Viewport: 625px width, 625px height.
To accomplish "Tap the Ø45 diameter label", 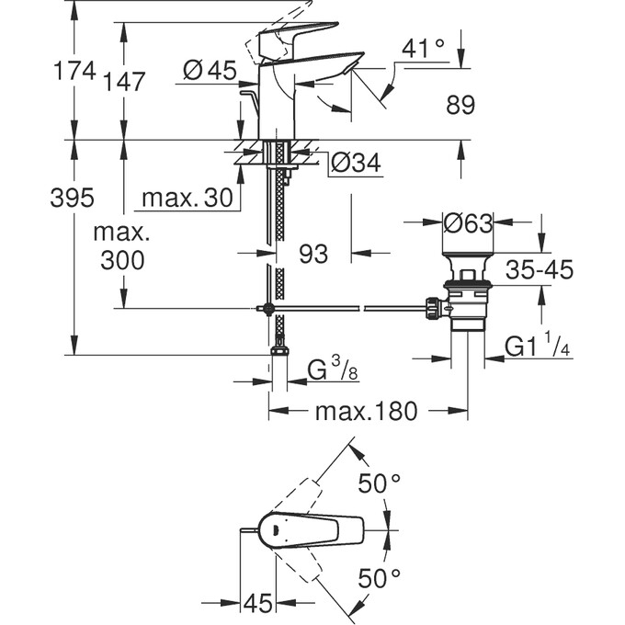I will (210, 70).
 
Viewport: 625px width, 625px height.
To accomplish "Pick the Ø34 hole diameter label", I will (354, 164).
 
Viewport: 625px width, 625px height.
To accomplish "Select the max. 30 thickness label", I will (185, 197).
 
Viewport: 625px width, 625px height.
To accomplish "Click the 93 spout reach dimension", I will (313, 254).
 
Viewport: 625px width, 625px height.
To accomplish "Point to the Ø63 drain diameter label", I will (469, 222).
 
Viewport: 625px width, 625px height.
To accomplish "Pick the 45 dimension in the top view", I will (260, 604).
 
